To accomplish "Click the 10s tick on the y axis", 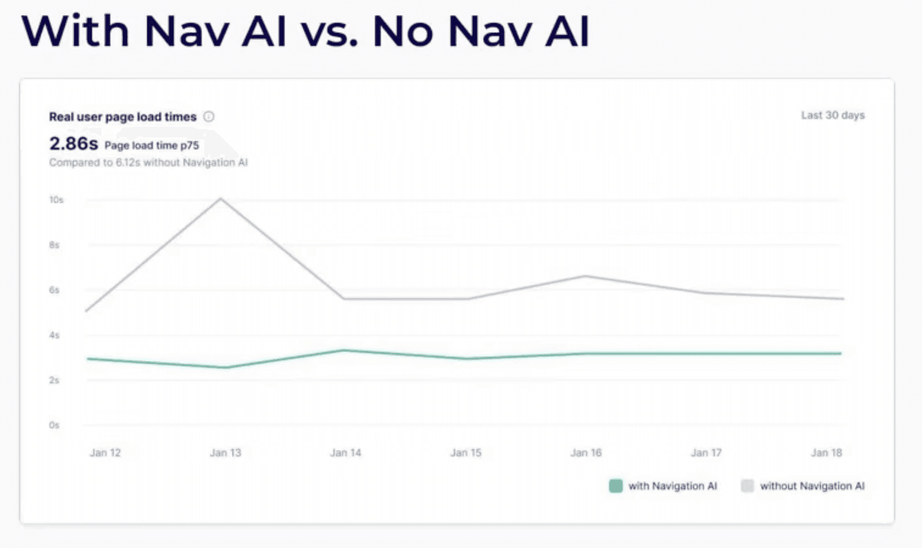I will (56, 200).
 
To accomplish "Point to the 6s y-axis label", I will (54, 290).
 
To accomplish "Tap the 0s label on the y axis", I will (54, 425).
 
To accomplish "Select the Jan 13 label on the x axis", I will (225, 453).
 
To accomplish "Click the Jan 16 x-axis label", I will (586, 453).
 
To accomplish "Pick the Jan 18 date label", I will (826, 453).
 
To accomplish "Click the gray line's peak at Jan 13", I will (220, 198).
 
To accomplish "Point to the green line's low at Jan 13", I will (226, 368).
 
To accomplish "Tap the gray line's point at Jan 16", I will (585, 276).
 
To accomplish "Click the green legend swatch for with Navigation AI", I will (615, 486).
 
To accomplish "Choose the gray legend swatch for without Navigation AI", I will (747, 486).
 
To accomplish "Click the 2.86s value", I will (73, 144).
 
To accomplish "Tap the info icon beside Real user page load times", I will (209, 116).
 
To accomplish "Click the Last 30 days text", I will (833, 115).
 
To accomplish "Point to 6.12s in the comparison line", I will (128, 162).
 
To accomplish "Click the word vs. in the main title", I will (329, 31).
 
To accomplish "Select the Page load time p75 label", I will (152, 145).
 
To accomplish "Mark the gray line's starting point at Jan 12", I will (87, 311).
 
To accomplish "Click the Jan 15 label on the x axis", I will (465, 453).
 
